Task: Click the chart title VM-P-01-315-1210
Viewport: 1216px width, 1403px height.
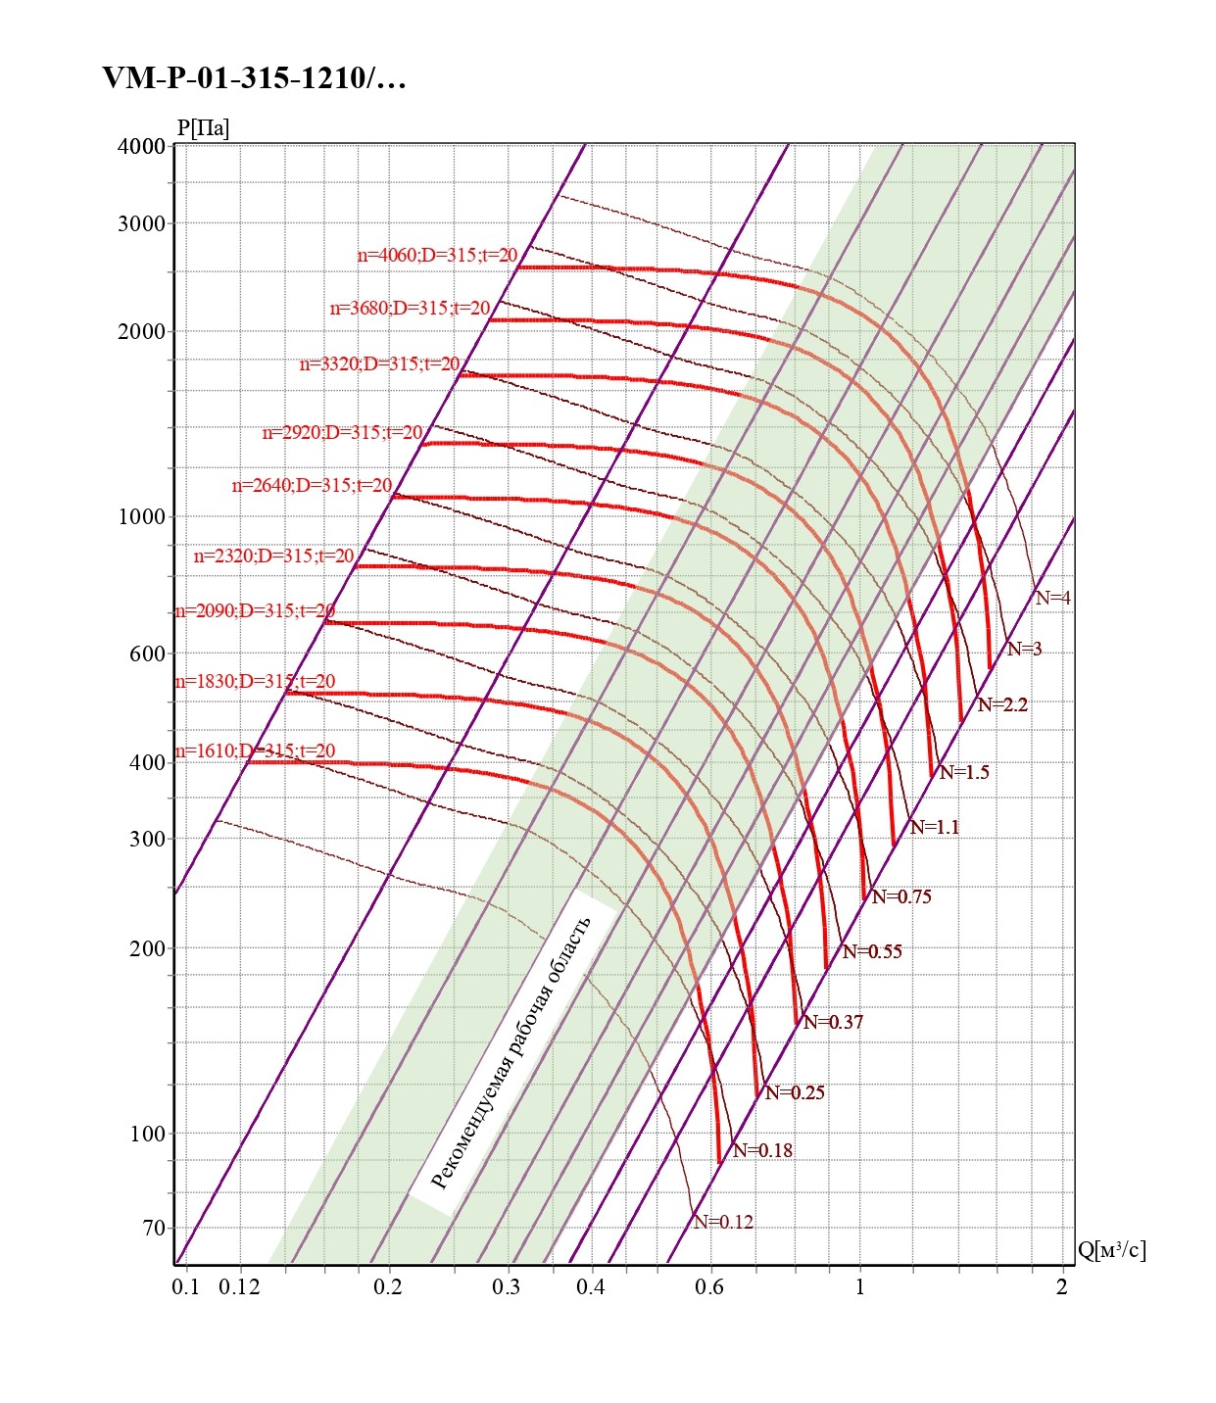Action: click(254, 78)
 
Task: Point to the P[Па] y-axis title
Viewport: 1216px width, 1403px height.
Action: click(203, 128)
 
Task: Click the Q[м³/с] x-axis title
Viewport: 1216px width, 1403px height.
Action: click(1111, 1250)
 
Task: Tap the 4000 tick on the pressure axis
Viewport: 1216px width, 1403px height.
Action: click(142, 146)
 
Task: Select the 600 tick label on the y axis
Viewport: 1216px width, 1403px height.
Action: click(147, 654)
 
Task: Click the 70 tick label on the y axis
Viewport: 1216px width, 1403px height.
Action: click(154, 1228)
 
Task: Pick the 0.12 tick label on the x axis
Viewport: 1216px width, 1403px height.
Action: click(239, 1286)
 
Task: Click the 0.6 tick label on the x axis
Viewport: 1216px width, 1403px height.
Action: click(709, 1286)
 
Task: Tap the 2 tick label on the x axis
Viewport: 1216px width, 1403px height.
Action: click(1061, 1286)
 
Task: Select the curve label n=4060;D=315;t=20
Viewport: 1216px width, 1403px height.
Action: click(437, 256)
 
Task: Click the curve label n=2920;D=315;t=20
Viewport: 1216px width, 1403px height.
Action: click(343, 432)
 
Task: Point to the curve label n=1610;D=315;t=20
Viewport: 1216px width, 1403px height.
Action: click(255, 751)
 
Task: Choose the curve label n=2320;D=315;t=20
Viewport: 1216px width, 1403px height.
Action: click(274, 556)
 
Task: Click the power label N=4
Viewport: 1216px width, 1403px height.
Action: click(1053, 598)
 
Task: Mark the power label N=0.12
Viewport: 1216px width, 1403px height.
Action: click(724, 1222)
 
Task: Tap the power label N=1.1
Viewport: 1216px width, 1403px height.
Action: click(935, 827)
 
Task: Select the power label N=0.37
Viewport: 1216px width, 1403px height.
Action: click(834, 1022)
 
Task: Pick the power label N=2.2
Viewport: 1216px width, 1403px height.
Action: click(1002, 704)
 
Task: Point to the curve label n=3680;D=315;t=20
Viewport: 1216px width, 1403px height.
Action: click(410, 309)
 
